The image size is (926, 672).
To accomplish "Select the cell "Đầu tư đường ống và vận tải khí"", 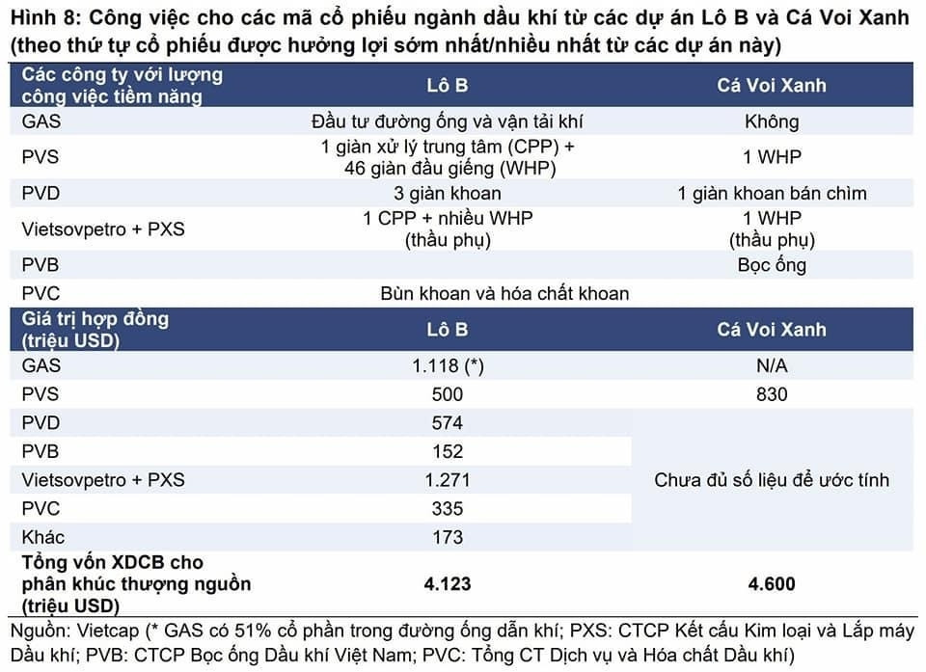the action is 448,121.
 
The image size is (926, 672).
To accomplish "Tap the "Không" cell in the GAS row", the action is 772,121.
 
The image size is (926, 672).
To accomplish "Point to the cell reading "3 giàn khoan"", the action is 448,193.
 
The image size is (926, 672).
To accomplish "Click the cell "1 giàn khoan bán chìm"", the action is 772,193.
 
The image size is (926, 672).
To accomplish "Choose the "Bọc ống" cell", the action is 772,264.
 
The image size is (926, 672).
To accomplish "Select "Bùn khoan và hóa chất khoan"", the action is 504,293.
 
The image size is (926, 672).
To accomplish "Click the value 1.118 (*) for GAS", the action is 448,366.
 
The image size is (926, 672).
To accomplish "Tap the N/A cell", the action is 772,366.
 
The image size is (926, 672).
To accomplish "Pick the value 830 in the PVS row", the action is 772,394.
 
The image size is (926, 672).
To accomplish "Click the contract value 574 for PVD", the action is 448,423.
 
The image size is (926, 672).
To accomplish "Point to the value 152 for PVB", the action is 448,451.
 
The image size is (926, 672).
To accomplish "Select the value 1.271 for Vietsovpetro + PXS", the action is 448,480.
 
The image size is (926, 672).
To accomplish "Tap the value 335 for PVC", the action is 448,509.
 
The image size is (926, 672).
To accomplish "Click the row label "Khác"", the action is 43,537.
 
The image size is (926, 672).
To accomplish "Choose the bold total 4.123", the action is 448,583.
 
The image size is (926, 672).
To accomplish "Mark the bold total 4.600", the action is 772,583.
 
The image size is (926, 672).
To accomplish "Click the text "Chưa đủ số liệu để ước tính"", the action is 772,480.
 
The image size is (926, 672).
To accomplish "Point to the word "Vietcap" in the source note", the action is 107,632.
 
